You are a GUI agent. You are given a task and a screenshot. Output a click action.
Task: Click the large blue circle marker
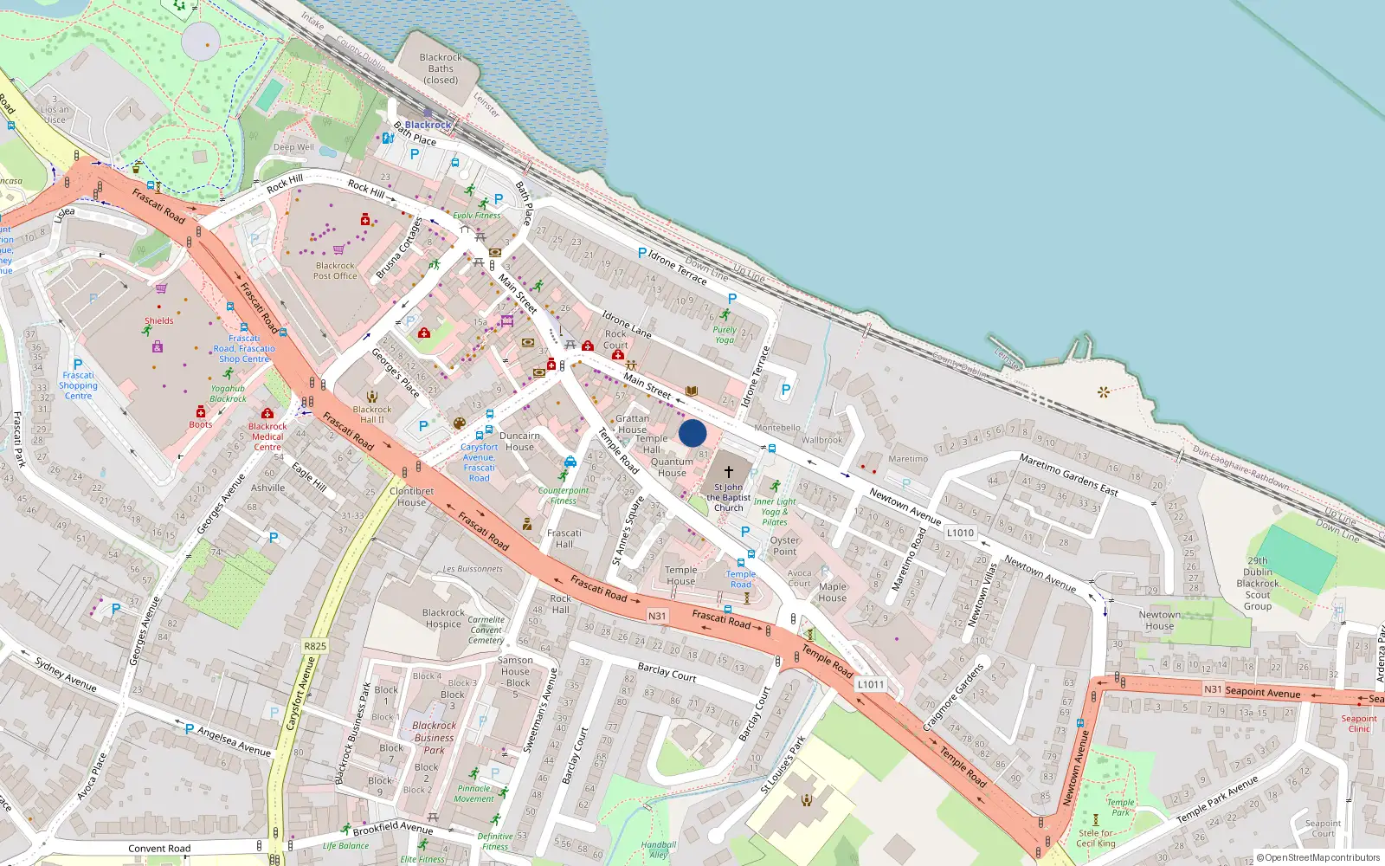[692, 433]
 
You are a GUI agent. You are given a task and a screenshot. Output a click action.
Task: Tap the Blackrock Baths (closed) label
[441, 69]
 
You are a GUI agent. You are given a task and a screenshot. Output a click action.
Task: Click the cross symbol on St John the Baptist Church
[729, 472]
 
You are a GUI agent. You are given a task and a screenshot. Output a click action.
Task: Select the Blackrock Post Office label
[335, 271]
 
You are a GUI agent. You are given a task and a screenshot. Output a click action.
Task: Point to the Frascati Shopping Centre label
[78, 385]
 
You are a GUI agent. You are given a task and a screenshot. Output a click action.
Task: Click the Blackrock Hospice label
[443, 618]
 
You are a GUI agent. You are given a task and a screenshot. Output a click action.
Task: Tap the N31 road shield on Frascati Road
[657, 616]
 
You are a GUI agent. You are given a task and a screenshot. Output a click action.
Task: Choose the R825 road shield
[315, 646]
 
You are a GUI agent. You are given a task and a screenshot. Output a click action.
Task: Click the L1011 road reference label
[871, 684]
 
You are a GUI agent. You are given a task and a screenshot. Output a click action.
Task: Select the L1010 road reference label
[960, 533]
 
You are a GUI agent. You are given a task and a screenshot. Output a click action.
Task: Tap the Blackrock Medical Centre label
[267, 436]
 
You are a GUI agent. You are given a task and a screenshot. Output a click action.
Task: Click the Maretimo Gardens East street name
[1068, 475]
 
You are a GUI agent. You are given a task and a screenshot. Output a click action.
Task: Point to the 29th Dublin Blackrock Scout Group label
[1258, 584]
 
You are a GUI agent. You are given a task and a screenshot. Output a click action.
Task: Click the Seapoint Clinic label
[1359, 723]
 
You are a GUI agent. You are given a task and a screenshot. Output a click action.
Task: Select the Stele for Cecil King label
[1096, 838]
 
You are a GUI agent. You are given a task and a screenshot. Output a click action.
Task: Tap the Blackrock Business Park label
[435, 738]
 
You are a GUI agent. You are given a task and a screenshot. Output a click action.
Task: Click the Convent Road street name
[159, 849]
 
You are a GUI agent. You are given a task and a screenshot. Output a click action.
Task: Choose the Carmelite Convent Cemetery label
[486, 630]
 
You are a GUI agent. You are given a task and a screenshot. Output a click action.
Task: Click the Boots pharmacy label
[201, 424]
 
